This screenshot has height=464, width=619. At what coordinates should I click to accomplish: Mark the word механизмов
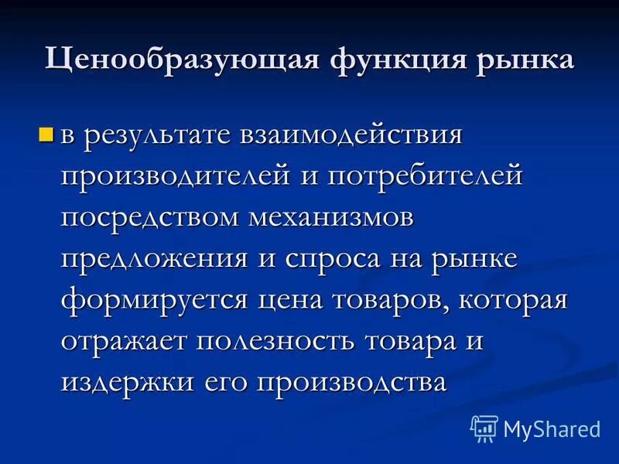(332, 217)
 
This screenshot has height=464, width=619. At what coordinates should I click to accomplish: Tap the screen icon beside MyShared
(484, 428)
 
